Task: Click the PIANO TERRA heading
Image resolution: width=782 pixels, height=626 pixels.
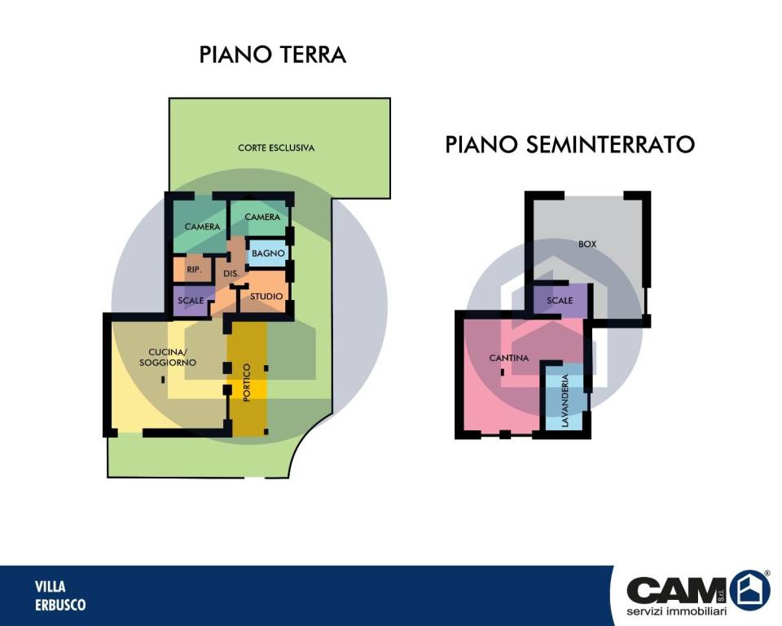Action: [x=273, y=55]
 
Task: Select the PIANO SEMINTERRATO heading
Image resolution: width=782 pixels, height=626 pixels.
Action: [x=569, y=145]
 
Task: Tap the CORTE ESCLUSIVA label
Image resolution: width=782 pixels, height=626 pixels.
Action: [x=276, y=148]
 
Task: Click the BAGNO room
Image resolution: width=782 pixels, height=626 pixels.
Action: [x=267, y=254]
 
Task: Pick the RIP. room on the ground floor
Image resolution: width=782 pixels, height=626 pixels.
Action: [x=193, y=270]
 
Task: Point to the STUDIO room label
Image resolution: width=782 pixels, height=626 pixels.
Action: [x=266, y=297]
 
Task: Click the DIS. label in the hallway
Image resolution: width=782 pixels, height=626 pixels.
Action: [x=231, y=275]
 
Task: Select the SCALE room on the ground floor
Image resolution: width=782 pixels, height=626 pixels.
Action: [x=191, y=300]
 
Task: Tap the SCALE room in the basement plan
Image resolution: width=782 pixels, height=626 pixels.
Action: [x=560, y=301]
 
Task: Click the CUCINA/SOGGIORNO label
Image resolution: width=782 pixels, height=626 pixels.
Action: [x=167, y=357]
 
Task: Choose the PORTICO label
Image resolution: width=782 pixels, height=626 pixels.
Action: [x=247, y=381]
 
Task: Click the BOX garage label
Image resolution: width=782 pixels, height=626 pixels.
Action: [x=587, y=244]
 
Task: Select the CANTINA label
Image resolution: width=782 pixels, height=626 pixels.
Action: [x=509, y=358]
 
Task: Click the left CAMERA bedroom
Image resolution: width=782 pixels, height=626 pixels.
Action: [x=203, y=227]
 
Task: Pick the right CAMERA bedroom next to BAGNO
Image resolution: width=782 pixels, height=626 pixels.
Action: [x=262, y=218]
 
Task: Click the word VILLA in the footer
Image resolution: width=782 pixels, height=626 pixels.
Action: [x=51, y=586]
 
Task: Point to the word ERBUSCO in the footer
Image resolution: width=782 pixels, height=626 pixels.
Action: [x=60, y=605]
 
